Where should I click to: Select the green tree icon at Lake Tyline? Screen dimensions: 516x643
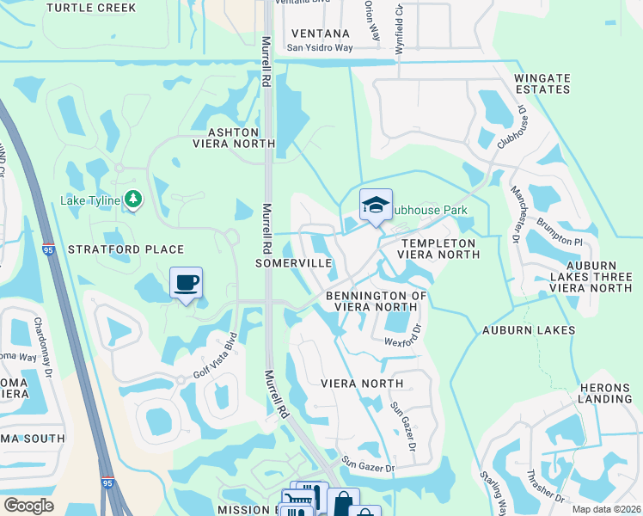pyautogui.click(x=132, y=200)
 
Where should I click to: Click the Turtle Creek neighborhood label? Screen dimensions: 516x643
pyautogui.click(x=90, y=8)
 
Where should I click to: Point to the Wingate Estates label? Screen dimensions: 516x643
pyautogui.click(x=542, y=83)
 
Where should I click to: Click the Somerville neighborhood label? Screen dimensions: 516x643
pyautogui.click(x=292, y=262)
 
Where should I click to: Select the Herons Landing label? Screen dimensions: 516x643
pyautogui.click(x=605, y=393)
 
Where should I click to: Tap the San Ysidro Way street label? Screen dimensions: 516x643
pyautogui.click(x=319, y=48)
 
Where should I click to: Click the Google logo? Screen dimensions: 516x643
pyautogui.click(x=28, y=505)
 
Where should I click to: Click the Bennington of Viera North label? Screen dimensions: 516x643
pyautogui.click(x=377, y=302)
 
